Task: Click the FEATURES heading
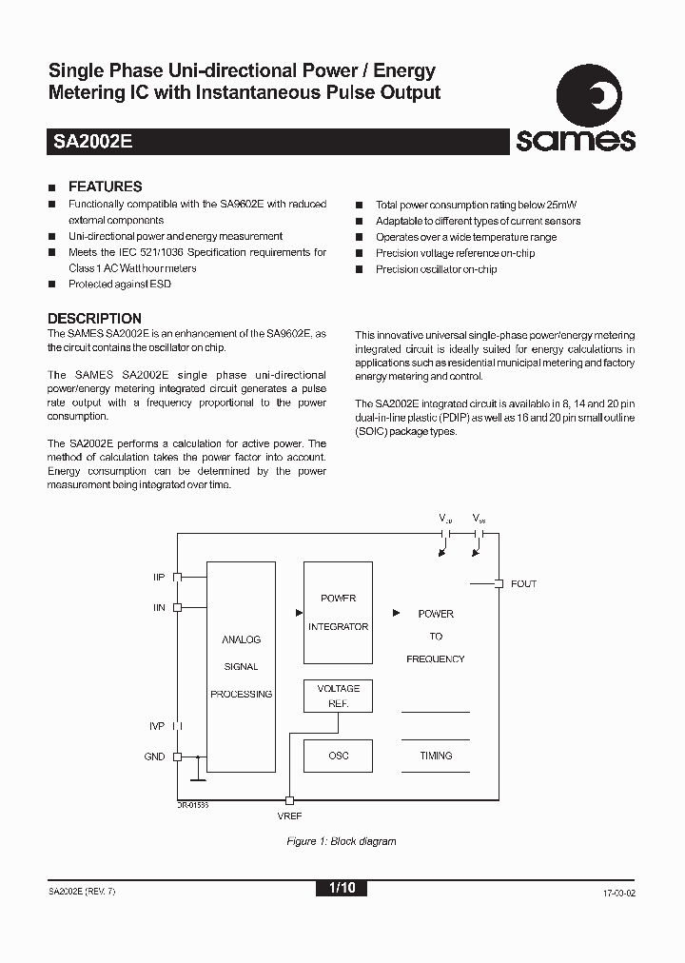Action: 105,187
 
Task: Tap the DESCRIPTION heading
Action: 94,319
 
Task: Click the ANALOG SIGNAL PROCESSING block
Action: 241,666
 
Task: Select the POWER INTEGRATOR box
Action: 338,613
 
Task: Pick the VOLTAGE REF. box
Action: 338,696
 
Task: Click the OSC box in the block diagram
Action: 338,756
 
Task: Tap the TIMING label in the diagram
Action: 436,756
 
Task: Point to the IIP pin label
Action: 159,577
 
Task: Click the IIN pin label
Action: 159,607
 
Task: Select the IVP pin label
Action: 157,726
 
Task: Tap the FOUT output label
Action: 523,583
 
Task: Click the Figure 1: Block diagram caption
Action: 342,841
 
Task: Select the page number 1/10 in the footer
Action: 342,889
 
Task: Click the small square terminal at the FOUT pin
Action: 498,583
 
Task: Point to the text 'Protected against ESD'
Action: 120,285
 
